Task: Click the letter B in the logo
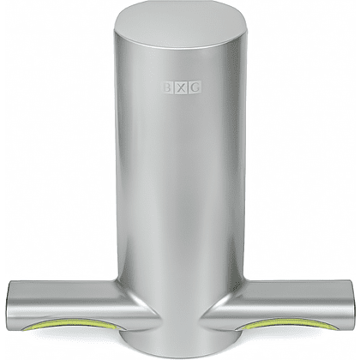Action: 167,87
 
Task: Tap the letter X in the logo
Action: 181,88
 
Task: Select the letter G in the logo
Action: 195,87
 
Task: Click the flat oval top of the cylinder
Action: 180,25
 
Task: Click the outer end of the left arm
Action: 9,303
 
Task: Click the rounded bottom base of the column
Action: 179,347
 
